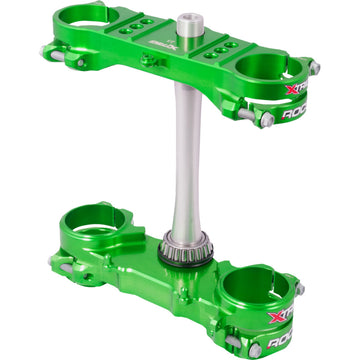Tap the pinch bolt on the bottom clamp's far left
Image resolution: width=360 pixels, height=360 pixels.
pos(53,261)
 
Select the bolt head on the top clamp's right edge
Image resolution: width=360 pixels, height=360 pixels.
pos(314,69)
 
